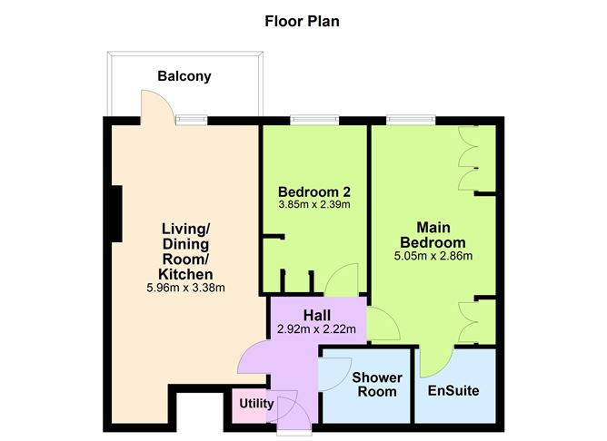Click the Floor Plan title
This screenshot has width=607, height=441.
click(x=302, y=20)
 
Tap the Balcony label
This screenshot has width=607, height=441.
click(x=184, y=76)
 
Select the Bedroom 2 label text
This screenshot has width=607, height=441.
click(x=314, y=191)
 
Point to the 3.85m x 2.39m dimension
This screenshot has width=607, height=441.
click(x=314, y=205)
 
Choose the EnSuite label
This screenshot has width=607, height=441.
click(x=453, y=391)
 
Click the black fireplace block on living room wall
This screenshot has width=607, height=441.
click(x=116, y=214)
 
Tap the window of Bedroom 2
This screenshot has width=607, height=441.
click(x=314, y=119)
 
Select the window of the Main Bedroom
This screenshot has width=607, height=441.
click(x=411, y=119)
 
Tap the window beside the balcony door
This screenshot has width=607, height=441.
click(x=191, y=119)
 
